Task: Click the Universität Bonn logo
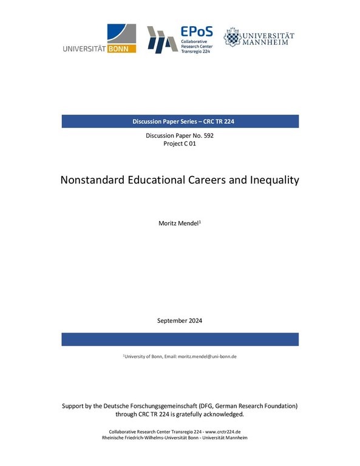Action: (99, 39)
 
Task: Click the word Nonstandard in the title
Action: (93, 180)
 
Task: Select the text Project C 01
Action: (180, 144)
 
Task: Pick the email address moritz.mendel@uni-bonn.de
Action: (206, 356)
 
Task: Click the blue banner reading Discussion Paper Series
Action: (180, 121)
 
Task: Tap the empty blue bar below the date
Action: (180, 339)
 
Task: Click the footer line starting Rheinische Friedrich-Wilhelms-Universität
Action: (180, 437)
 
